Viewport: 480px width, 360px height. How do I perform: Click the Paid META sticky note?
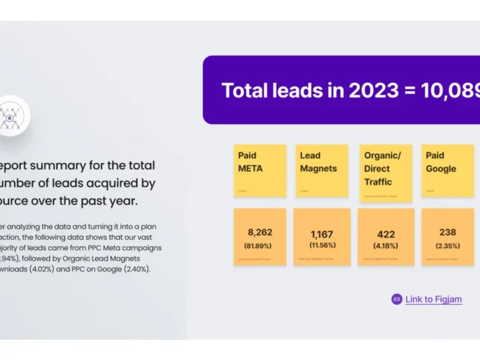coord(259,170)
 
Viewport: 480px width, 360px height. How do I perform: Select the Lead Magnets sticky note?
coord(322,170)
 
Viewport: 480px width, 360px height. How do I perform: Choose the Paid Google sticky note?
coord(447,170)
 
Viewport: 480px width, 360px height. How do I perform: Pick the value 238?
coord(448,232)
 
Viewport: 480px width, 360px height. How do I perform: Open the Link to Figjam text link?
coord(434,300)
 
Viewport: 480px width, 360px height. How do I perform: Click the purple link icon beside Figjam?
coord(397,300)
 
